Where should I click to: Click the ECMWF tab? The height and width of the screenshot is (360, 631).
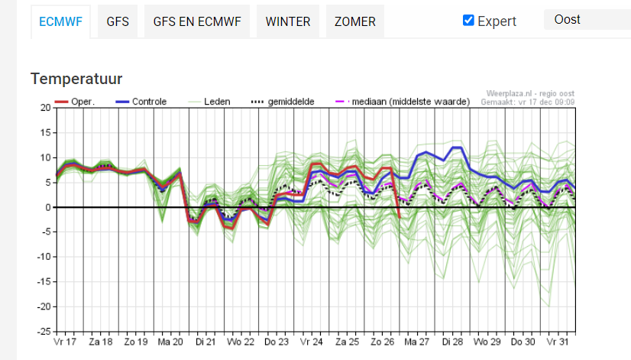(60, 21)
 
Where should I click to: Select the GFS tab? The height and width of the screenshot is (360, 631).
(118, 21)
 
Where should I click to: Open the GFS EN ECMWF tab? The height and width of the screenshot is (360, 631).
(197, 21)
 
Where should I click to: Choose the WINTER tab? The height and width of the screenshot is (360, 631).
(288, 21)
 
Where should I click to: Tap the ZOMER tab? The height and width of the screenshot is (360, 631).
(355, 21)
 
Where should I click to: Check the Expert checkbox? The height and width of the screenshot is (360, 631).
(468, 20)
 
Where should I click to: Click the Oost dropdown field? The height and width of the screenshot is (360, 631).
(587, 19)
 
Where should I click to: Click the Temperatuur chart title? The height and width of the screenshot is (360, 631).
(76, 79)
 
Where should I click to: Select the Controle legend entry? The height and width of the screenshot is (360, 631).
(141, 102)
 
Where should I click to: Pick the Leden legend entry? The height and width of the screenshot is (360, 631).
(209, 102)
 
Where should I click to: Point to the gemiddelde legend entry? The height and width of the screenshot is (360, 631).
(283, 102)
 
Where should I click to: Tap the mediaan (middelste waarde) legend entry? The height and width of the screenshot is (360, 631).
(403, 102)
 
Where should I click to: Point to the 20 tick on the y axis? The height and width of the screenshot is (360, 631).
(46, 108)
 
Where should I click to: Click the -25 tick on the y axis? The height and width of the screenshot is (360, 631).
(44, 332)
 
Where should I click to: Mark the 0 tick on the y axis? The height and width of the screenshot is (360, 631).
(48, 207)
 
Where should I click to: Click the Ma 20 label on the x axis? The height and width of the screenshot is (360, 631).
(170, 342)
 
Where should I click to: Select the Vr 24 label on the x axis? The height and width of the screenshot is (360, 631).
(311, 342)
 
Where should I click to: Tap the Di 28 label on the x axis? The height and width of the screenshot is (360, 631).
(452, 342)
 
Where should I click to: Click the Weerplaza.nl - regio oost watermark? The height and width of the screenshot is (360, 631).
(530, 94)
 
